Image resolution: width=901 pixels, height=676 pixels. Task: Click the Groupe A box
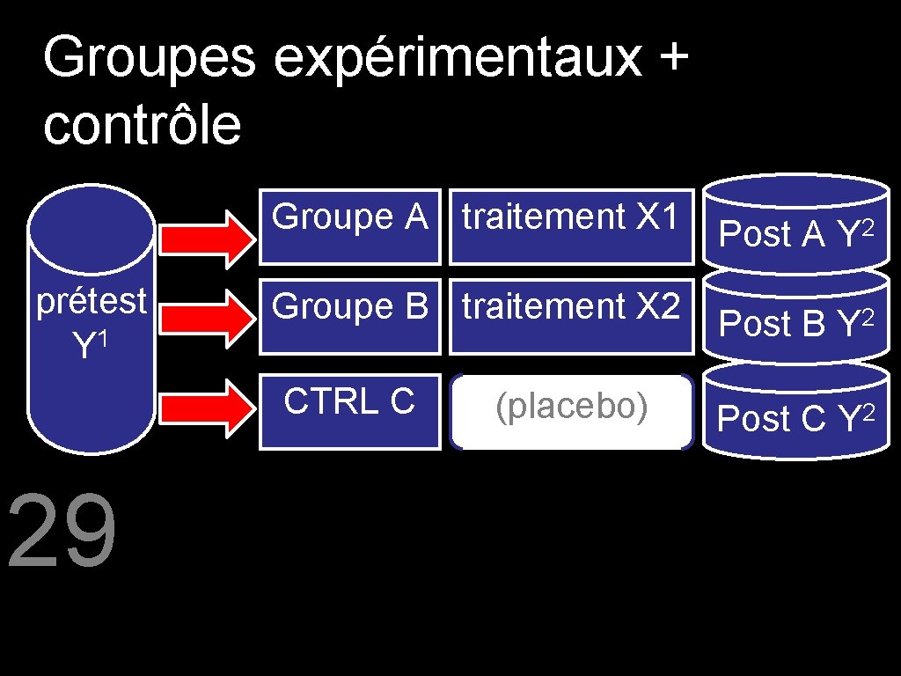pyautogui.click(x=349, y=227)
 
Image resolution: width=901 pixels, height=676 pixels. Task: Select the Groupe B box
pyautogui.click(x=349, y=318)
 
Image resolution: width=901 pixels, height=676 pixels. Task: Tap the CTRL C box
pyautogui.click(x=349, y=411)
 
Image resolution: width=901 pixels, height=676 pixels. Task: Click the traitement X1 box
pyautogui.click(x=571, y=227)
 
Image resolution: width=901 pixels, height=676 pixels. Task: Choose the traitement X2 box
pyautogui.click(x=571, y=318)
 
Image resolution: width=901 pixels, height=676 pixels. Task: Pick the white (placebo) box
pyautogui.click(x=571, y=412)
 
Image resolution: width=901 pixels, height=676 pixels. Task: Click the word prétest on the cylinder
pyautogui.click(x=91, y=302)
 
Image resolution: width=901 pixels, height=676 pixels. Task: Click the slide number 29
pyautogui.click(x=62, y=533)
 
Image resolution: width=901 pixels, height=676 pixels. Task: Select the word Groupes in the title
pyautogui.click(x=149, y=61)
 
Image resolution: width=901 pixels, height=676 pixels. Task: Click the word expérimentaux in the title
pyautogui.click(x=458, y=61)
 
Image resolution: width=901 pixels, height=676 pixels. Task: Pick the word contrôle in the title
pyautogui.click(x=141, y=126)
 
